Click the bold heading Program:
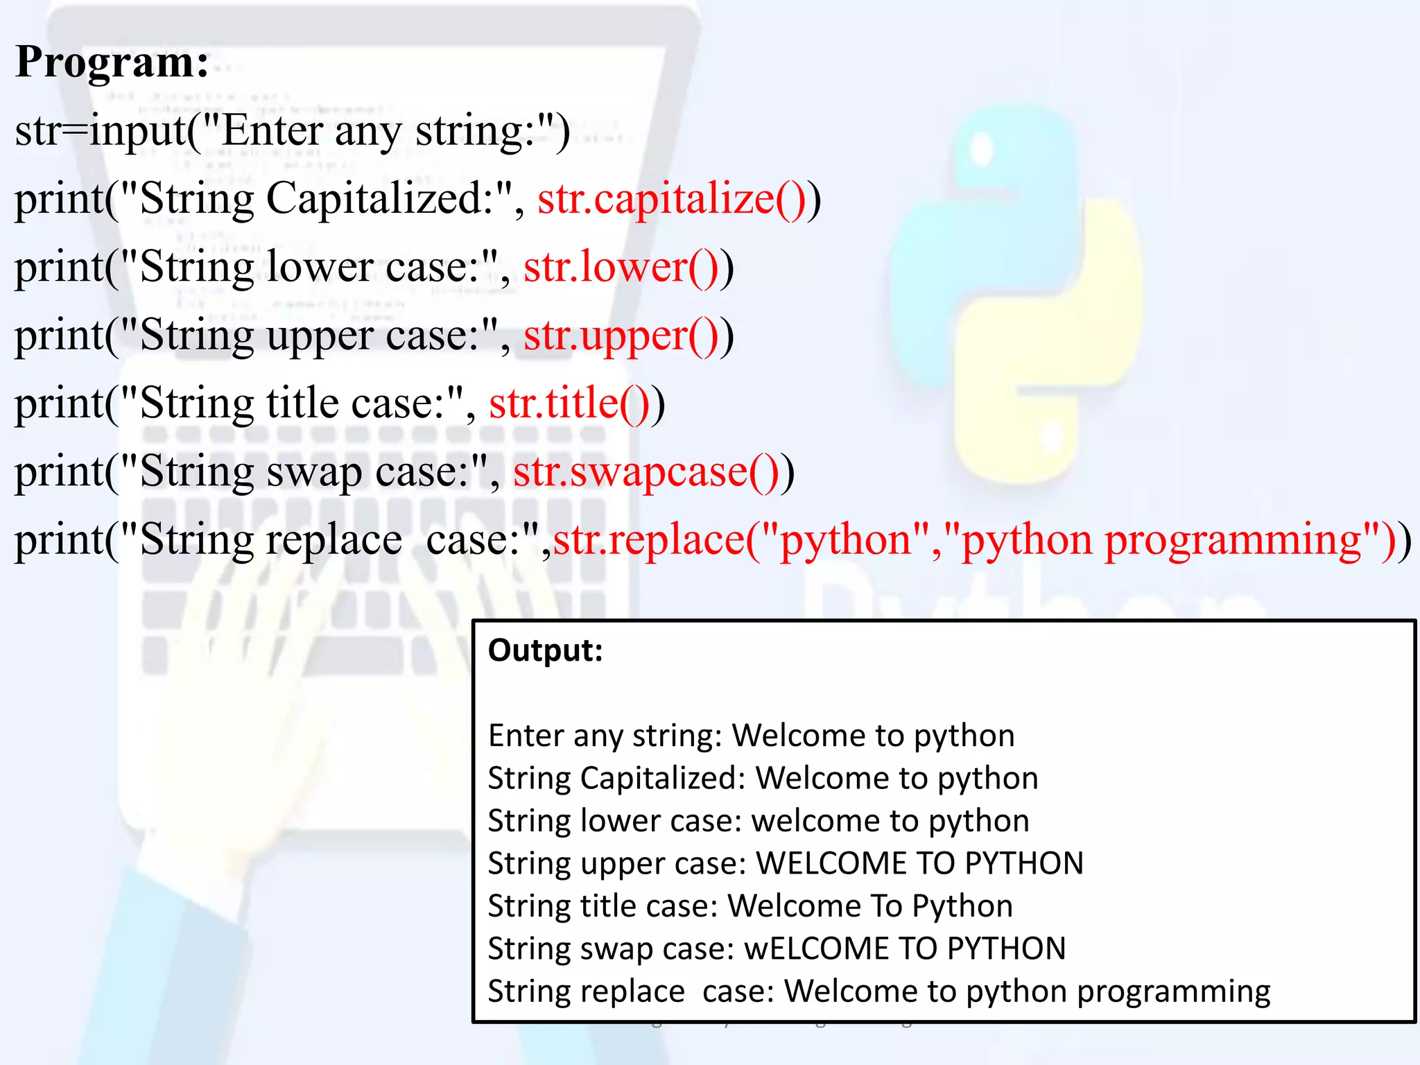tap(112, 62)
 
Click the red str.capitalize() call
tap(671, 200)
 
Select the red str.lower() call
tap(621, 268)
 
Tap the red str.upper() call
tap(621, 336)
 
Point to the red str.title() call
tap(569, 404)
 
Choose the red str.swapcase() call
tap(646, 472)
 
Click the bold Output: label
tap(545, 650)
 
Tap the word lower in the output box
tap(620, 821)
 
